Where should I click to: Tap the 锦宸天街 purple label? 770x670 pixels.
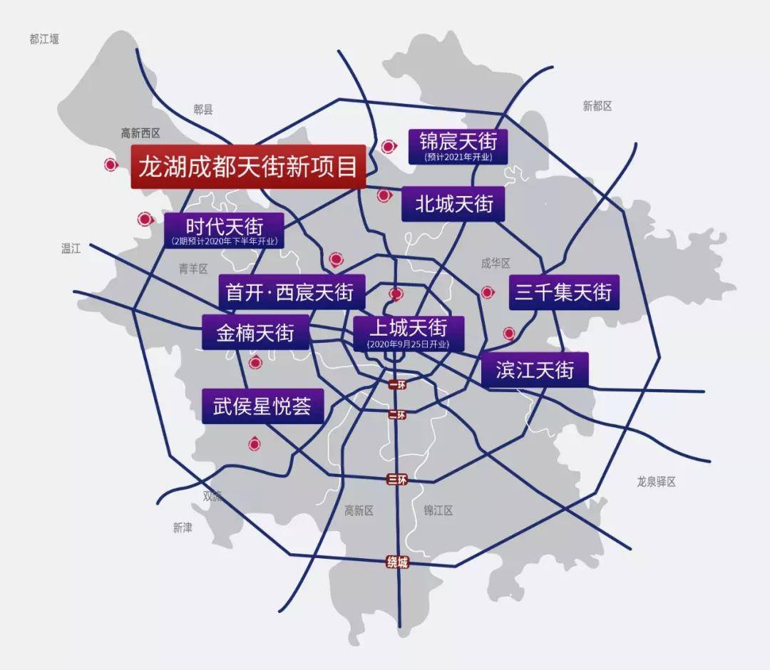[x=458, y=145]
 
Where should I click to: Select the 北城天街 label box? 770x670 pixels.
[x=454, y=204]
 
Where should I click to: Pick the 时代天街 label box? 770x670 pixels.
[x=224, y=230]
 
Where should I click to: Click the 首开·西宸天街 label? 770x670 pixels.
[x=291, y=292]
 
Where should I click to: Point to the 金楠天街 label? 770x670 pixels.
[x=255, y=331]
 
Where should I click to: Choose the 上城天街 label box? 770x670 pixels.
[x=409, y=332]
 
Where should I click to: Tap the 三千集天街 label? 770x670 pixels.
[x=563, y=292]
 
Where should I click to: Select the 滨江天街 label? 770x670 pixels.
[x=535, y=370]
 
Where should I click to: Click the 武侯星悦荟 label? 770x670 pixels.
[x=262, y=406]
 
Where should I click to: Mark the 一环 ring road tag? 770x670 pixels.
[x=397, y=385]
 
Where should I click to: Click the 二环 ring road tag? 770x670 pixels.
[x=397, y=414]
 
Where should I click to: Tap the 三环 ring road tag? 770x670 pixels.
[x=397, y=479]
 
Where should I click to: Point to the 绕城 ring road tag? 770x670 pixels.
[x=398, y=562]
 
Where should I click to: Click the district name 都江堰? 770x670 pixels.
[x=44, y=39]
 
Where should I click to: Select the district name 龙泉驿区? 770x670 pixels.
[x=656, y=482]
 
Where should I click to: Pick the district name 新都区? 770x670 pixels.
[x=597, y=106]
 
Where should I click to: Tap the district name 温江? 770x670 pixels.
[x=71, y=248]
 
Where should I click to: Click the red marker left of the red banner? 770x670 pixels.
[x=111, y=165]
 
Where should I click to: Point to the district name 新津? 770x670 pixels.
[x=183, y=527]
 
